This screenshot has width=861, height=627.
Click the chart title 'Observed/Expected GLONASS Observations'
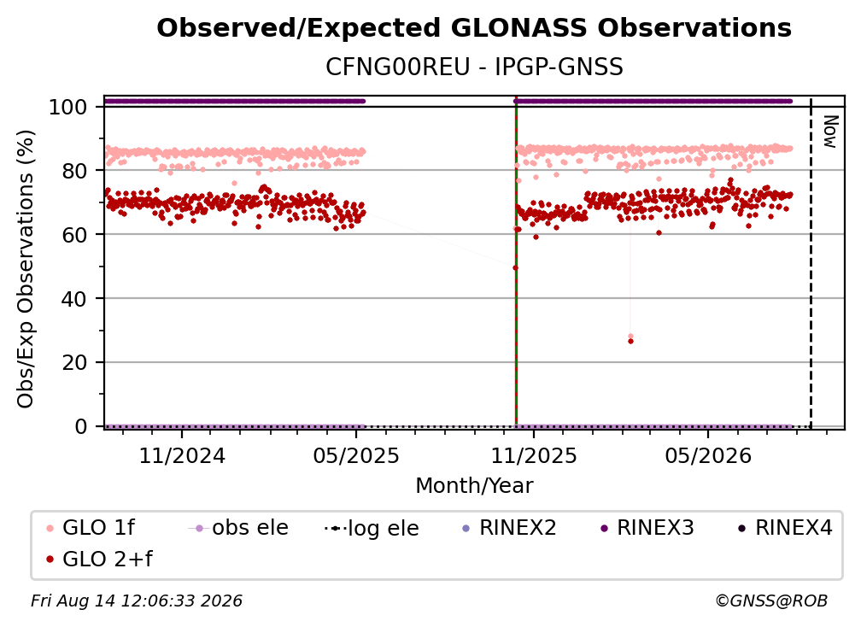point(474,28)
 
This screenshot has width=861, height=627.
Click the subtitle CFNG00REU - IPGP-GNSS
point(474,67)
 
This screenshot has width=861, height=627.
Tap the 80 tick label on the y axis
point(74,171)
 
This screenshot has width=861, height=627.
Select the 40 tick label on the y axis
point(74,299)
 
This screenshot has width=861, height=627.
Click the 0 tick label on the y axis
point(81,426)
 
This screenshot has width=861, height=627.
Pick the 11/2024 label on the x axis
point(182,456)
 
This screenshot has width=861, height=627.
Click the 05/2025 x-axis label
point(356,456)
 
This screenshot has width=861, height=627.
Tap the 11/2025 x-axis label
point(534,456)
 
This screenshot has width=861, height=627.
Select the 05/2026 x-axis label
point(708,456)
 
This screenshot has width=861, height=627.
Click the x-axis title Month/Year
point(474,486)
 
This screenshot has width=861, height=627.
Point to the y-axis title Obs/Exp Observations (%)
point(26,269)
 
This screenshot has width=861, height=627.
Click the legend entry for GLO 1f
point(91,528)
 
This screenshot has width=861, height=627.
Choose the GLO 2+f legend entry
point(99,560)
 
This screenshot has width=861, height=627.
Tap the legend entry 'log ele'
point(372,529)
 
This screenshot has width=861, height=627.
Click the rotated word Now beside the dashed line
point(829,132)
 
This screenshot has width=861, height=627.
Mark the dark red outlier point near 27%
point(630,342)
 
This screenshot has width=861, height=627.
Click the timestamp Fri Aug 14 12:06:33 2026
point(137,601)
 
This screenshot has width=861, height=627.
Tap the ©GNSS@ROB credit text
point(771,601)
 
